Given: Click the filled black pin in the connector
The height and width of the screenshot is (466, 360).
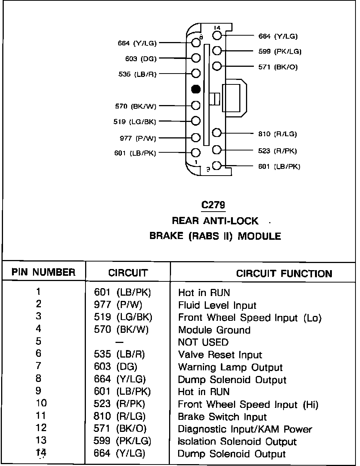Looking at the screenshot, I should [x=196, y=89].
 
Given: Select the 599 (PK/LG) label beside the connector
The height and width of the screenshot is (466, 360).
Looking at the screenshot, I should [x=280, y=51].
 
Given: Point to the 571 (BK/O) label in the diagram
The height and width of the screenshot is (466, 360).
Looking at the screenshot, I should [x=278, y=67].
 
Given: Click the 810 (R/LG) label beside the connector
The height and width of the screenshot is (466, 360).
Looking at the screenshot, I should [x=277, y=134].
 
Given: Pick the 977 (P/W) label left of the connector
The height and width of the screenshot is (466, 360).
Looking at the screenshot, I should [x=138, y=138].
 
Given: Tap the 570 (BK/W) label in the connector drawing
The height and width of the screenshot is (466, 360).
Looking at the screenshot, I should [x=135, y=107].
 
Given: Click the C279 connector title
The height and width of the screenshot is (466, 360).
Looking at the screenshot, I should [x=213, y=205].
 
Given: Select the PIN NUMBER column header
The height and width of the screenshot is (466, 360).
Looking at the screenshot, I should [x=43, y=272].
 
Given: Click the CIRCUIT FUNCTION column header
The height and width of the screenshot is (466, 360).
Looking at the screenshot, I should [x=284, y=274].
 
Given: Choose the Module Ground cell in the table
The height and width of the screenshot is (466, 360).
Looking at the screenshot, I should [x=214, y=330].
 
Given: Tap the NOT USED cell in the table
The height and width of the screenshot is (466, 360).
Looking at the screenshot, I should [x=203, y=343].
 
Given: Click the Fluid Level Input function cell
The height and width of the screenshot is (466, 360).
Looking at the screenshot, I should [x=217, y=305].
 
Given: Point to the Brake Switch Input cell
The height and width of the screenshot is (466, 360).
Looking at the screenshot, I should [x=222, y=417].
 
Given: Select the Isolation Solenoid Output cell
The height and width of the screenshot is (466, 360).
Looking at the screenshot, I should [x=237, y=442].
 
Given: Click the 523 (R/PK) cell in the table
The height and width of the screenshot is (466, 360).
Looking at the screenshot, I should [x=119, y=404].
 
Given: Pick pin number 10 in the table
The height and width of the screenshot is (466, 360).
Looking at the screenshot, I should [x=41, y=403].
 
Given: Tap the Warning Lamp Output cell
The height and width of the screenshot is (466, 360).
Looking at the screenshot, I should [x=230, y=367].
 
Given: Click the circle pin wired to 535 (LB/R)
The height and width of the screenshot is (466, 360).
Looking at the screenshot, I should [x=196, y=73].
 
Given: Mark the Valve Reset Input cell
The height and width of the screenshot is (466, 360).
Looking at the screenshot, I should [x=220, y=355].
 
